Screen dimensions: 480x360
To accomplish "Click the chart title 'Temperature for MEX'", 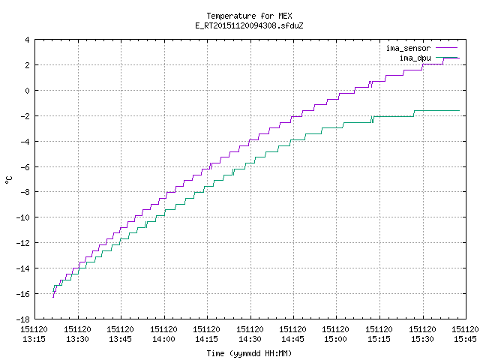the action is [x=249, y=16].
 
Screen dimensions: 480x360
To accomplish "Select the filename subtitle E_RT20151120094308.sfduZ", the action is [x=249, y=25].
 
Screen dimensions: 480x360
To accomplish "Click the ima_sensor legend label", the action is [x=408, y=48].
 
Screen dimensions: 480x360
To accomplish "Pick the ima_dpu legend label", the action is [x=415, y=58].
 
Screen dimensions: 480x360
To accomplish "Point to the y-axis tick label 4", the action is [x=27, y=40].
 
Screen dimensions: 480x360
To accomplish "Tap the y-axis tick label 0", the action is [x=27, y=91].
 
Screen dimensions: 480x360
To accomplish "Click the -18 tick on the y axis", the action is [x=23, y=319].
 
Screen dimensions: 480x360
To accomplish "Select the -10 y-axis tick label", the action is [x=23, y=217].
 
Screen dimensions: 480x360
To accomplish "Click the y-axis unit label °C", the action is [x=9, y=180].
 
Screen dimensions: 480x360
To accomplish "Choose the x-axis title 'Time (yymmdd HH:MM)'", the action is [x=249, y=353].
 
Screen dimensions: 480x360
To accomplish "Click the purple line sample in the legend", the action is [x=447, y=48].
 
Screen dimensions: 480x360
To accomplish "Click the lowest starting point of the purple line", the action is [x=53, y=297].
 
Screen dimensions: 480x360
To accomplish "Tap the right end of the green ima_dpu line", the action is [x=460, y=110].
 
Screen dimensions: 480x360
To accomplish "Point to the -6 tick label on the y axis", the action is [x=25, y=167].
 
